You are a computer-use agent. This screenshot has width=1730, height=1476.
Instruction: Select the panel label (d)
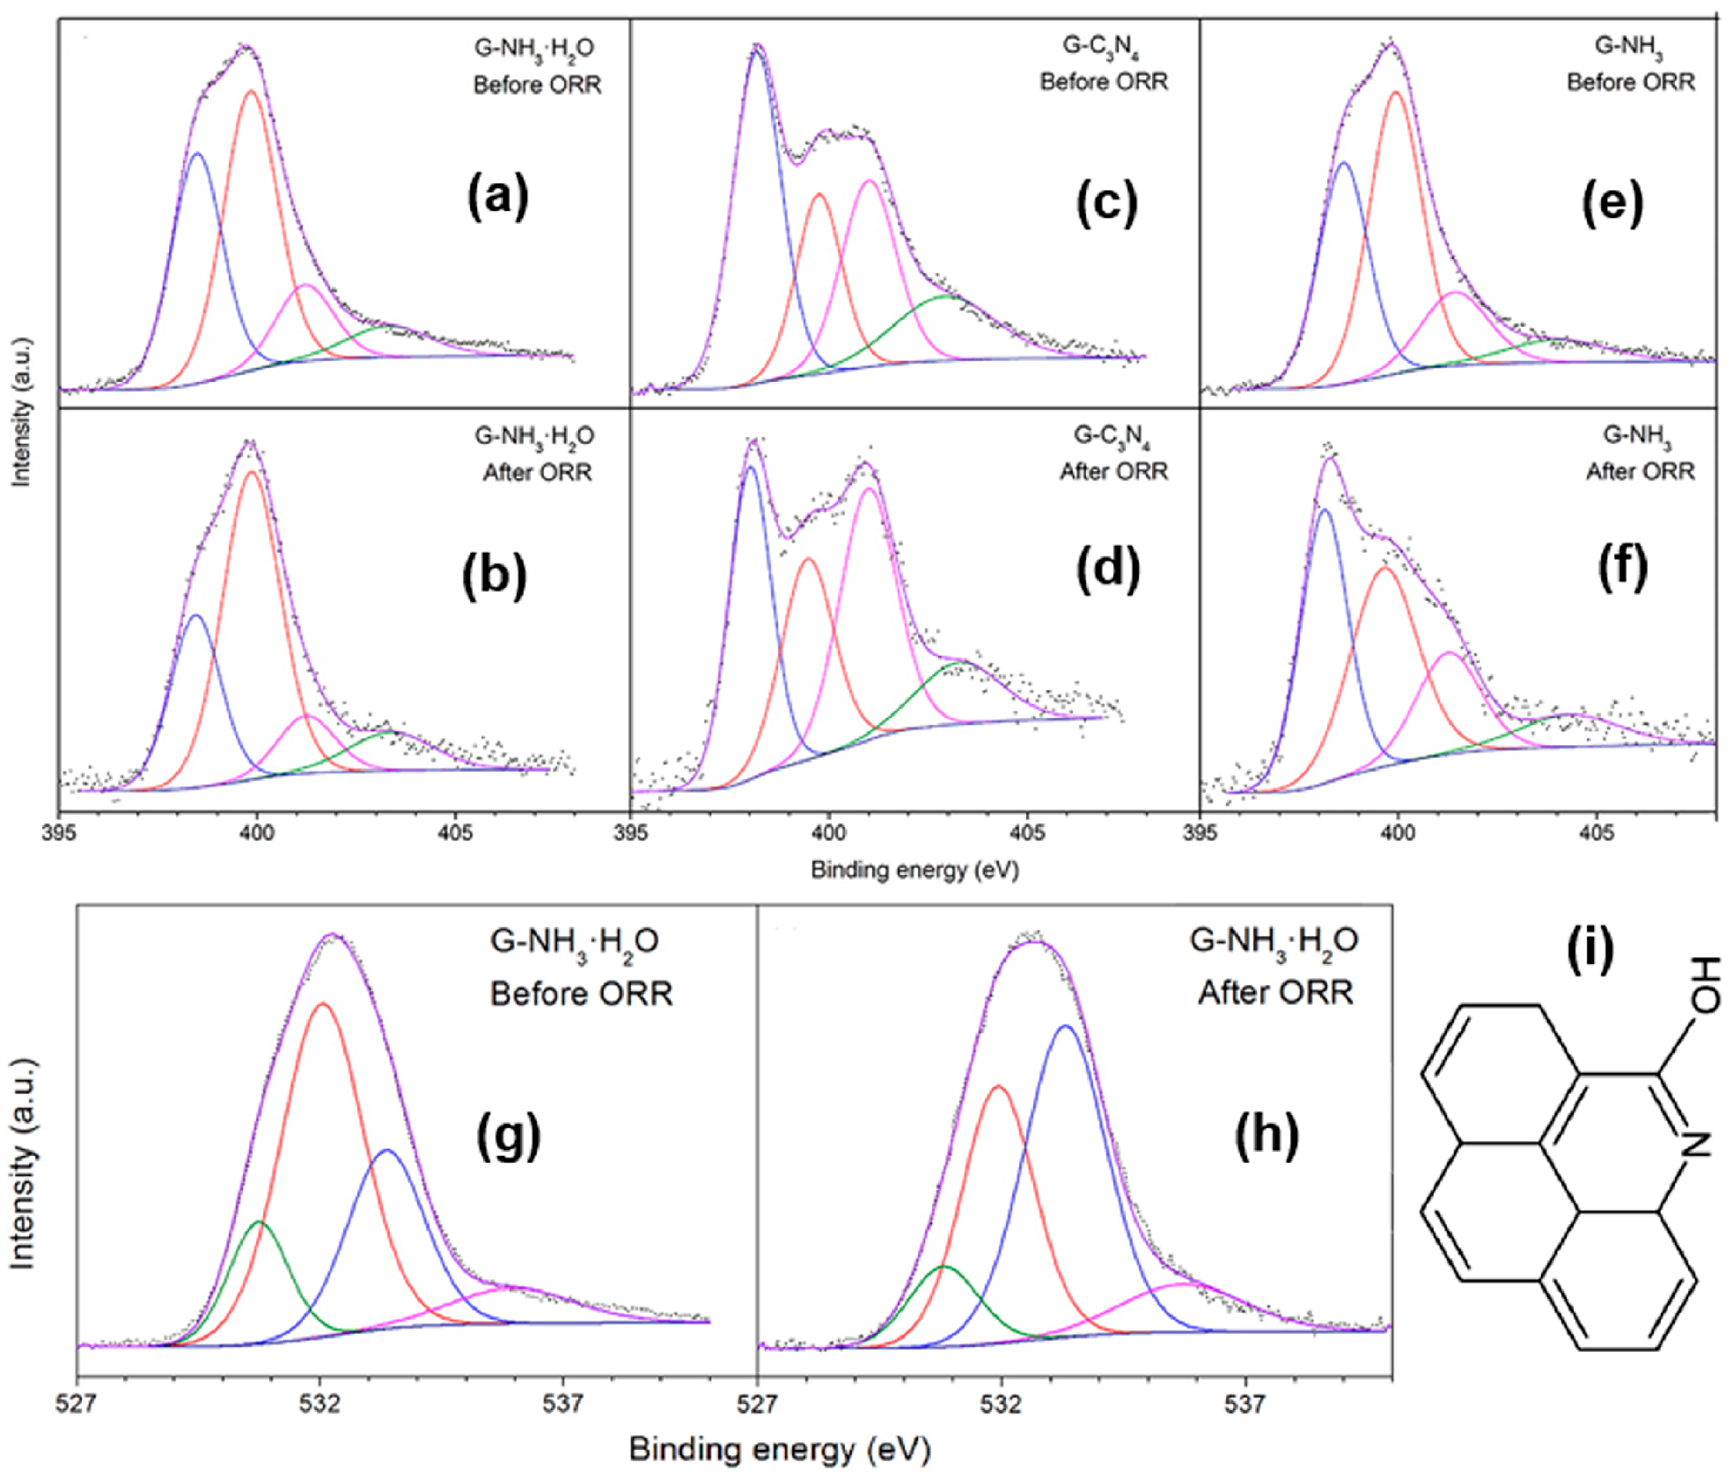1109,570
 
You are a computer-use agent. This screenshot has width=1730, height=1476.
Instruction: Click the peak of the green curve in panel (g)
259,1222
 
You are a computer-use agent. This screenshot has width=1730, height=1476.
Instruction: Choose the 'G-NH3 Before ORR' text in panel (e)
1631,64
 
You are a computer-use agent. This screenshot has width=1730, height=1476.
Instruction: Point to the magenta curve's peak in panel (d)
868,488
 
